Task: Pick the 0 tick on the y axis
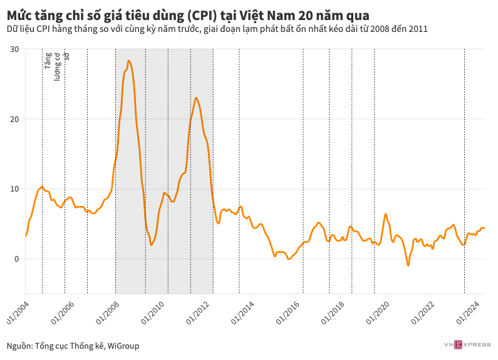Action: [x=17, y=259]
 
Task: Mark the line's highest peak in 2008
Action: [x=128, y=61]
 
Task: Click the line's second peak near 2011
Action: [x=196, y=98]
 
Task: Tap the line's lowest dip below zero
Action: [x=408, y=265]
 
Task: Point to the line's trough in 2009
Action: [x=152, y=245]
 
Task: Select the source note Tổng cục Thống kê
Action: [x=73, y=346]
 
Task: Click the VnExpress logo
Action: [x=467, y=344]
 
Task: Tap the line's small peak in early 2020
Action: [x=385, y=214]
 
